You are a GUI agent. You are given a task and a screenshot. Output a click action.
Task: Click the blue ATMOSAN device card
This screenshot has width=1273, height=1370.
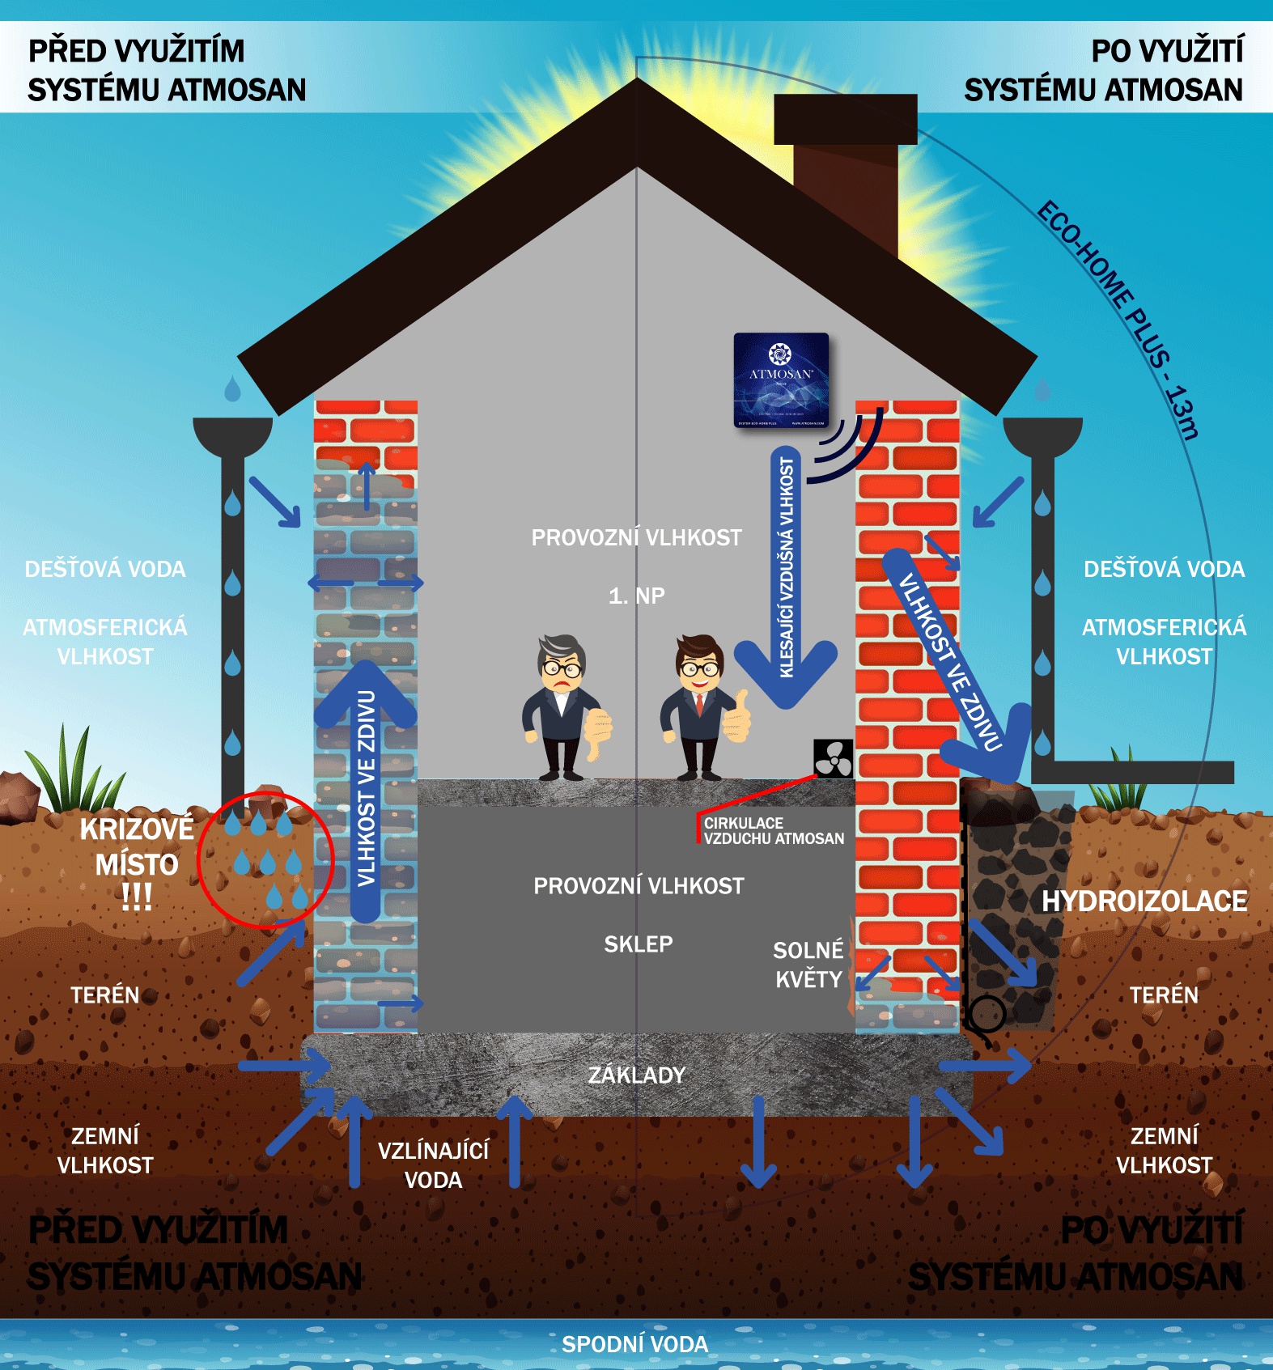click(x=781, y=380)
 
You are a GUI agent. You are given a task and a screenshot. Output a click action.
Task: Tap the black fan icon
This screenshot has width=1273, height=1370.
click(x=833, y=759)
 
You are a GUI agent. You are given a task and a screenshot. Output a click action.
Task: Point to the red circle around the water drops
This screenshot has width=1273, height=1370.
click(x=265, y=859)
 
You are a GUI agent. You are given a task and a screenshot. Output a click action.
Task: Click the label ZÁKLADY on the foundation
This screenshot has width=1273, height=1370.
click(x=636, y=1075)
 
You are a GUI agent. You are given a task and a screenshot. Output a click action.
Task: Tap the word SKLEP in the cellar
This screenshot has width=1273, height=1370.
click(x=638, y=944)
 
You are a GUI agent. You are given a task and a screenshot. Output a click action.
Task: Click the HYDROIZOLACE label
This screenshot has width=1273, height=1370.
click(x=1144, y=901)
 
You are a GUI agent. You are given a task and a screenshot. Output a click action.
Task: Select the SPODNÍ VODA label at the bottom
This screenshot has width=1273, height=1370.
click(x=634, y=1344)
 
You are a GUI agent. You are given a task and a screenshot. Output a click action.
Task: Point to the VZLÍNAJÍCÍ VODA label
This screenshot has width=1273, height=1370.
click(x=433, y=1164)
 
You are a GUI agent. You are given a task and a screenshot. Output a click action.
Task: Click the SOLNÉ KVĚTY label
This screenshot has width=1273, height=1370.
click(x=808, y=964)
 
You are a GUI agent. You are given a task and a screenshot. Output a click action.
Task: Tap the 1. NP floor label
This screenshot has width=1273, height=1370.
click(x=636, y=596)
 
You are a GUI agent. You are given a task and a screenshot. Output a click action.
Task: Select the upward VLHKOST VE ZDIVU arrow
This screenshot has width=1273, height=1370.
click(x=366, y=789)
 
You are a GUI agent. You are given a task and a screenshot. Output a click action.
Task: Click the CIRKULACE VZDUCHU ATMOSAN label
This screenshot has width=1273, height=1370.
click(x=773, y=831)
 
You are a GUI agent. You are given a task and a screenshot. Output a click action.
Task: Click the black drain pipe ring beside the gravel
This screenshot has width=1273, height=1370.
click(x=987, y=1012)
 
